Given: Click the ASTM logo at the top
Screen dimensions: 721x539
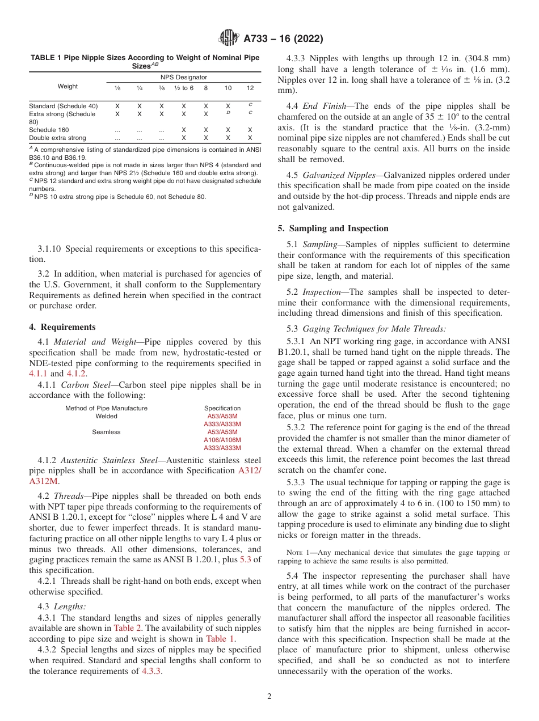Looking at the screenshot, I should point(229,39).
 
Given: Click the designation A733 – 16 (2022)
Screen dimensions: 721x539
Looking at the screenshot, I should point(283,39).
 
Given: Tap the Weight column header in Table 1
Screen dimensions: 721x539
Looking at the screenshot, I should point(68,87).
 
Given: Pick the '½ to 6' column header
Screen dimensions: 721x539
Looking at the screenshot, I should point(183,88).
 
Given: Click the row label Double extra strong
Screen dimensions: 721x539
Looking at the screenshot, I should point(57,138).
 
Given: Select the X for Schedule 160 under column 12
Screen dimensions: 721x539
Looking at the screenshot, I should point(250,130).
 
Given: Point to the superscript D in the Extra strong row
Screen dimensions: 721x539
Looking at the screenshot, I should point(228,113).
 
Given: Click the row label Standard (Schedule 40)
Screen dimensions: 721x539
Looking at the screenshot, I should point(63,106).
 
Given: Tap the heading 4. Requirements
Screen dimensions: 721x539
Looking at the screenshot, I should point(62,327).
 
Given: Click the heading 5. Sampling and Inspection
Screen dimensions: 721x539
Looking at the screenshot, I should point(333,228).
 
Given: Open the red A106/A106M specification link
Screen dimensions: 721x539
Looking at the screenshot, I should point(222,440).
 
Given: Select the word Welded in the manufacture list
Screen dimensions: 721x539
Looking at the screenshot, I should point(106,416).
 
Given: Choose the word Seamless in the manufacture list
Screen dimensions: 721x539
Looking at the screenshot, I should point(106,432).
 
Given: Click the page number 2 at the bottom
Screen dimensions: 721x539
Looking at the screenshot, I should point(269,697).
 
